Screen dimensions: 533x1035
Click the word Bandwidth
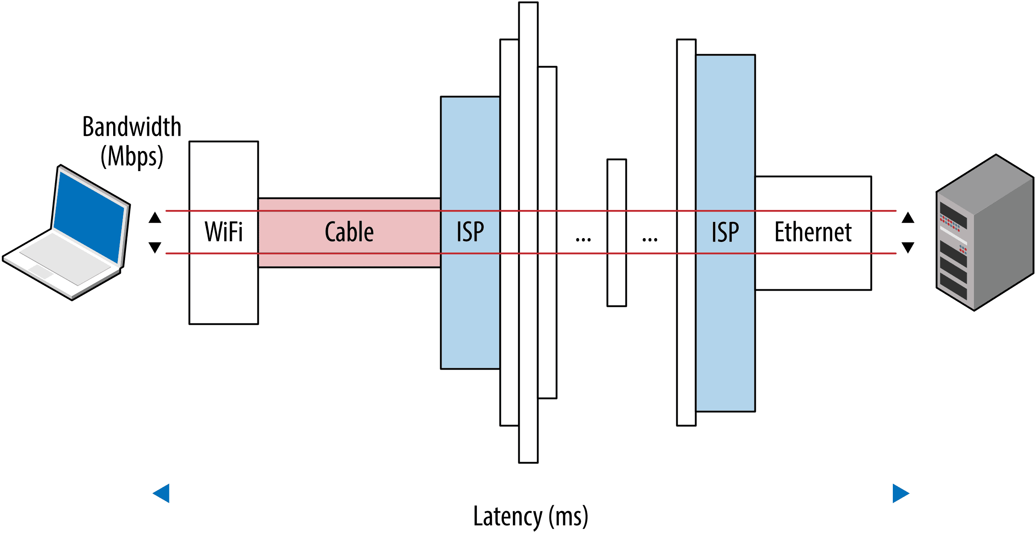(x=132, y=127)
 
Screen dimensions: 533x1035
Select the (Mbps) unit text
(x=132, y=157)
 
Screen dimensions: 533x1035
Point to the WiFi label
(x=224, y=232)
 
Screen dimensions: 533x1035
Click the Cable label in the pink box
(x=349, y=232)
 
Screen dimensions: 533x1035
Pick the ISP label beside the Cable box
(x=470, y=232)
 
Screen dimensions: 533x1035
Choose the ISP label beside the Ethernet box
(x=725, y=232)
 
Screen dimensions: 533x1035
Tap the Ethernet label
(x=813, y=232)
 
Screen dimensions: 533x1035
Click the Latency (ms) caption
(x=531, y=516)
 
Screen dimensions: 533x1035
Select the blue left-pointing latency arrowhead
(x=162, y=493)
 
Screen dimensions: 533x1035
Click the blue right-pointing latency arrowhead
(x=900, y=493)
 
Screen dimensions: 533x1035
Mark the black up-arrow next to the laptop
(x=155, y=218)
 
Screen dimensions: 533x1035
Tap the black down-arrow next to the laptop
(x=155, y=247)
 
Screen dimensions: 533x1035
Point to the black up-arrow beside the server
(x=908, y=218)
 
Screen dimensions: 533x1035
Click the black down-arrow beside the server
(x=908, y=247)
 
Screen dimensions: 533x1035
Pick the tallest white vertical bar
(x=528, y=128)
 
